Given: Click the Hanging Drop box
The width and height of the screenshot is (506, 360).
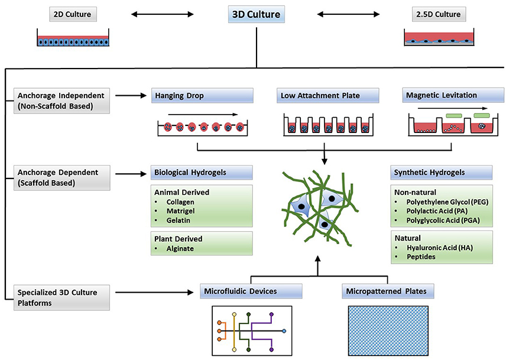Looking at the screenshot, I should click(x=202, y=95).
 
